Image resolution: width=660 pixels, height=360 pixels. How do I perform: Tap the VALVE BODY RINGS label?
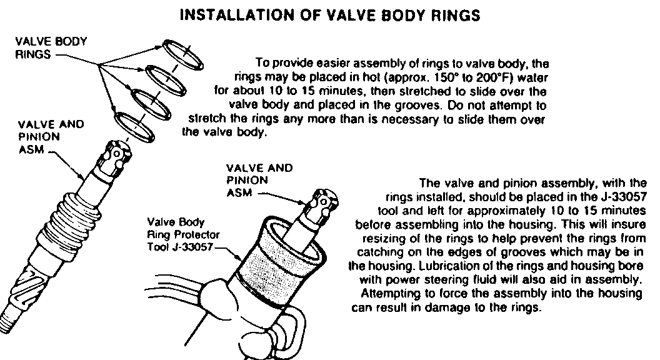(x=51, y=48)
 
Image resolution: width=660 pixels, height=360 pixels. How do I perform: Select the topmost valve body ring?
(x=182, y=54)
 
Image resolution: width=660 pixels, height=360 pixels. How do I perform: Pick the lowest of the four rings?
(x=135, y=127)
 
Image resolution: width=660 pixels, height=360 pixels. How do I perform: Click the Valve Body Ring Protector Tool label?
(x=183, y=234)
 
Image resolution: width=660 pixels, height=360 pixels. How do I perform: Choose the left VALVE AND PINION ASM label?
(x=51, y=137)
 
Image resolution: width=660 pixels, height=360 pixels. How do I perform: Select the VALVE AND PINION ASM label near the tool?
(x=259, y=181)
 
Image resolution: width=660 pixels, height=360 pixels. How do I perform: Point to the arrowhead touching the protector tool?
(x=239, y=257)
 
